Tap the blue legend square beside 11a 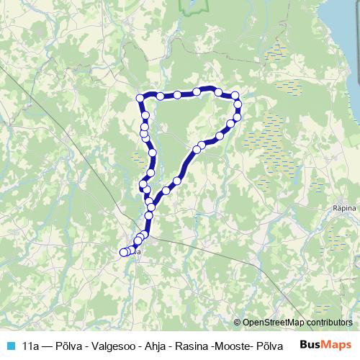pos(8,345)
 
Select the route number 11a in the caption pos(31,345)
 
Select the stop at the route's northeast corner pos(234,96)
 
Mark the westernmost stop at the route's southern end pos(123,252)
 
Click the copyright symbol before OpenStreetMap pos(238,323)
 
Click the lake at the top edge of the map pos(191,6)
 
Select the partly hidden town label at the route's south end pos(136,252)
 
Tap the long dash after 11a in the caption pos(50,345)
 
